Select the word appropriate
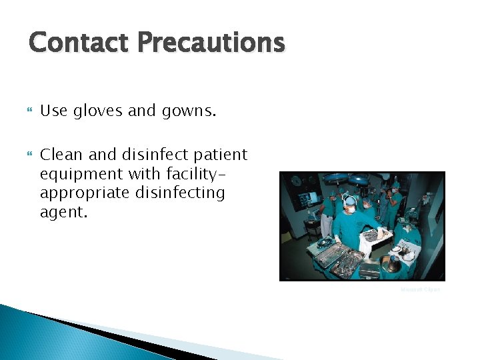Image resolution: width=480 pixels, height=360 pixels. pyautogui.click(x=85, y=193)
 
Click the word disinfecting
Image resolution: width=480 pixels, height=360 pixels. pyautogui.click(x=179, y=193)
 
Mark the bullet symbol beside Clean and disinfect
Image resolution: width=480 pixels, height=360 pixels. pyautogui.click(x=29, y=155)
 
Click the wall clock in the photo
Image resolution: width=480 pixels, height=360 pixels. pyautogui.click(x=293, y=181)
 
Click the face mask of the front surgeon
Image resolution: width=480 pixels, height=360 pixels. pyautogui.click(x=350, y=209)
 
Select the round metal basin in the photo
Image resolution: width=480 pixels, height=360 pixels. pyautogui.click(x=391, y=264)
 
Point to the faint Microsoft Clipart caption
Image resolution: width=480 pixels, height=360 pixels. pyautogui.click(x=420, y=289)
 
